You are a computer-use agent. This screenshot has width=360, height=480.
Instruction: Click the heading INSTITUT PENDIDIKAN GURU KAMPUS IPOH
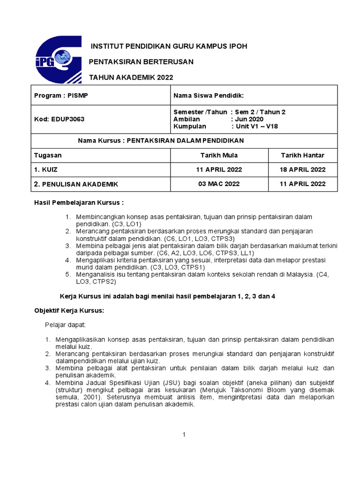click(169, 46)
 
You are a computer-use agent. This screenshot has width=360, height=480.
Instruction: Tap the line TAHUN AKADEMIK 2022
click(134, 77)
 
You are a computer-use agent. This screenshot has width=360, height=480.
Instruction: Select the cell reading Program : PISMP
click(61, 96)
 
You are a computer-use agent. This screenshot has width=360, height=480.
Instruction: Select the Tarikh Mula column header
click(218, 155)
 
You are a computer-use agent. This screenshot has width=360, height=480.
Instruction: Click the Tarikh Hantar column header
click(302, 155)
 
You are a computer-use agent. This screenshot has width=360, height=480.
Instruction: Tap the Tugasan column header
click(48, 155)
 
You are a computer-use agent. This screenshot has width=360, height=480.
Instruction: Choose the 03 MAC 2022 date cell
click(218, 184)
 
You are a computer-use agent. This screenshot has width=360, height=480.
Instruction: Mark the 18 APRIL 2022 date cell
click(302, 170)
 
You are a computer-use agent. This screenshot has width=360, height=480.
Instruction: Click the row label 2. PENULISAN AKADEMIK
click(76, 184)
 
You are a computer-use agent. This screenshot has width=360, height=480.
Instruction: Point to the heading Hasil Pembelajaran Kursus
click(79, 202)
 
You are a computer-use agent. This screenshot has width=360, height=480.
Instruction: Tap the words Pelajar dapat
click(62, 324)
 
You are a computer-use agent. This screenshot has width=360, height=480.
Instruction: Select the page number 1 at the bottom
click(185, 435)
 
